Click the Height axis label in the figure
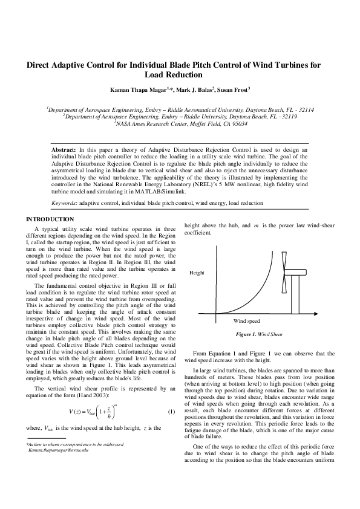[x=197, y=273]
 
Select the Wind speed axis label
[x=246, y=320]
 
